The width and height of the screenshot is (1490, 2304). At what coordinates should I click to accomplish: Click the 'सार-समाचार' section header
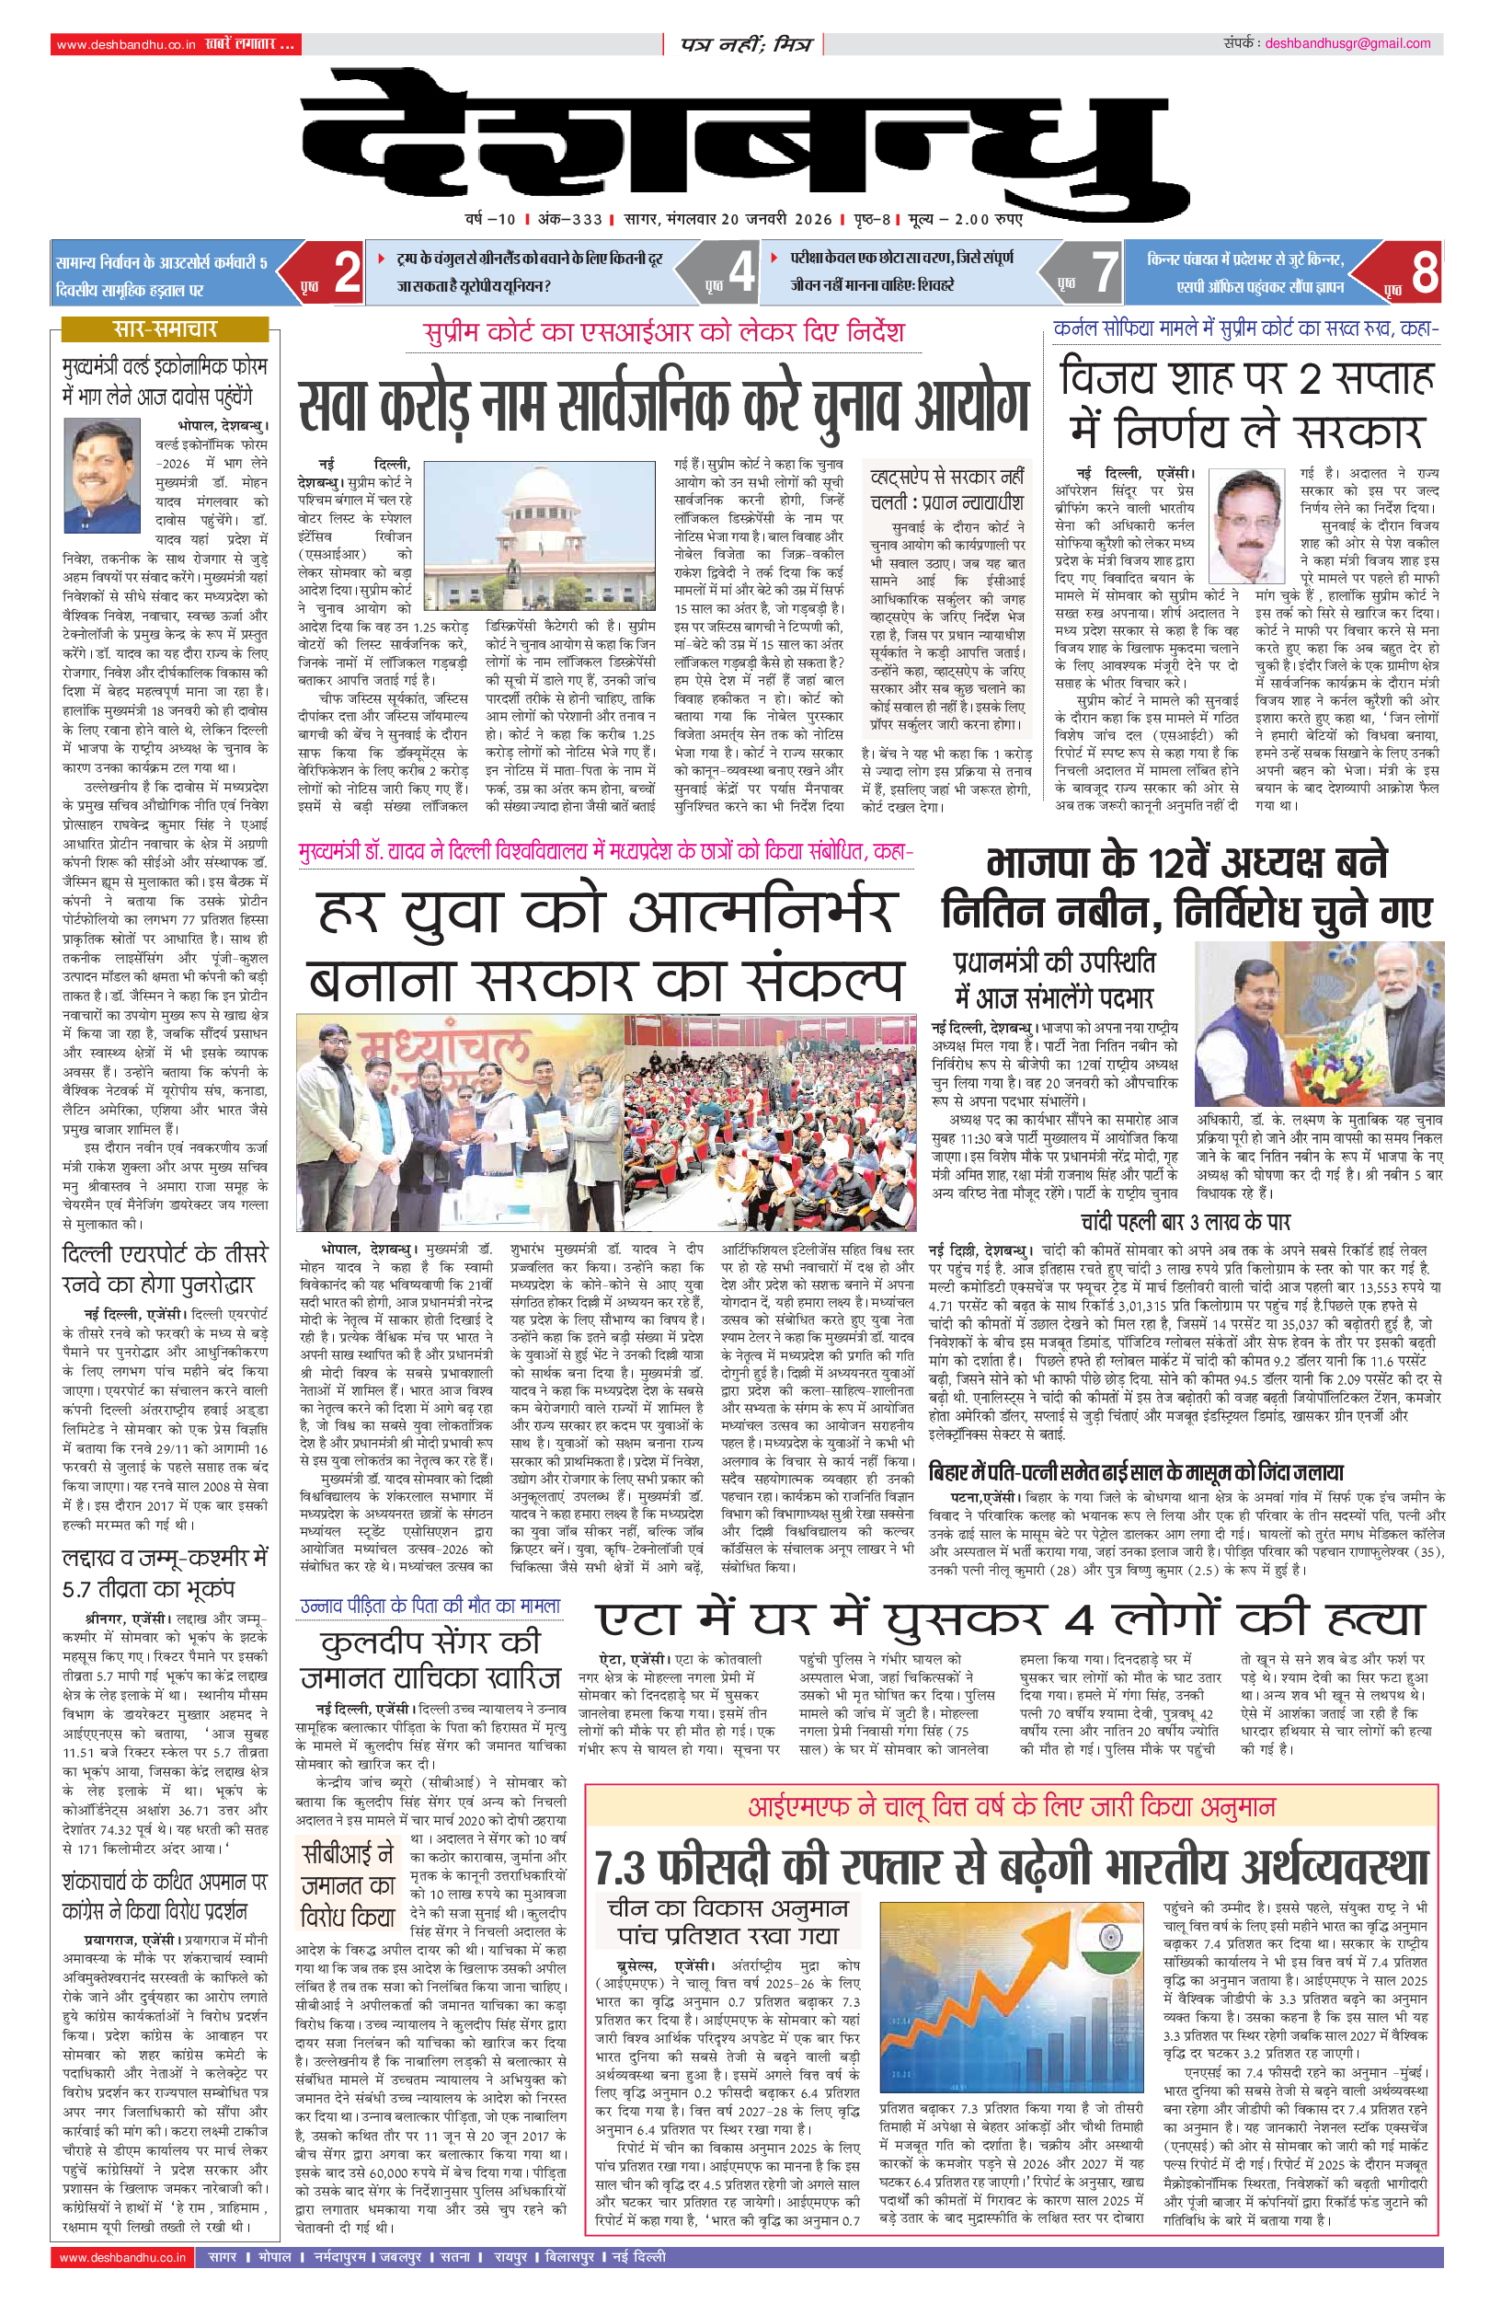click(165, 329)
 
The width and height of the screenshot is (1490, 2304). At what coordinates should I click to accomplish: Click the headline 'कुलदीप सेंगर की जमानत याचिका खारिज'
click(430, 1659)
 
